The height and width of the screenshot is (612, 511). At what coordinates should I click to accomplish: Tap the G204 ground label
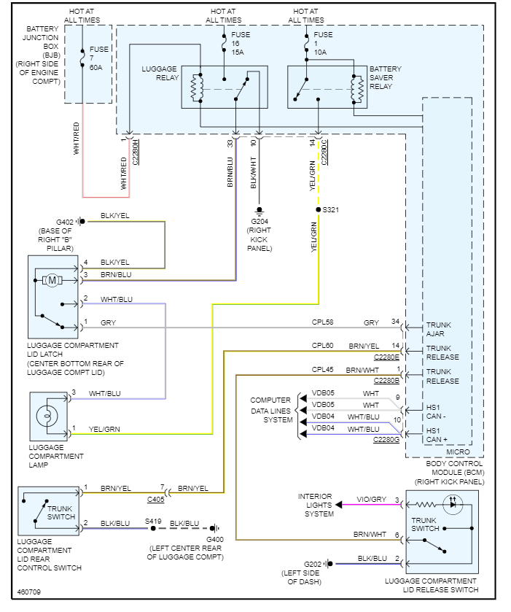click(260, 221)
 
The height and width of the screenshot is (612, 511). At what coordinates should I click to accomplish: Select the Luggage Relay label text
click(159, 74)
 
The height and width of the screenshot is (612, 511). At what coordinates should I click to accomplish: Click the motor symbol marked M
click(52, 279)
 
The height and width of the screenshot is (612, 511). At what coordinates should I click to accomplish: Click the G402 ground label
click(66, 221)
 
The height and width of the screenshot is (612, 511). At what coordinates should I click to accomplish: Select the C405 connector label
click(155, 500)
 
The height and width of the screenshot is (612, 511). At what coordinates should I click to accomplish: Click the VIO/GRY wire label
click(369, 500)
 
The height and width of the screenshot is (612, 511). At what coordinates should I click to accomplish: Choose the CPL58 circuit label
click(322, 322)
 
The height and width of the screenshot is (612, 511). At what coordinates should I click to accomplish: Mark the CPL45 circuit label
click(322, 370)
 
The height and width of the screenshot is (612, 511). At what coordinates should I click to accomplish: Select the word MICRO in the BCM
click(457, 453)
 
